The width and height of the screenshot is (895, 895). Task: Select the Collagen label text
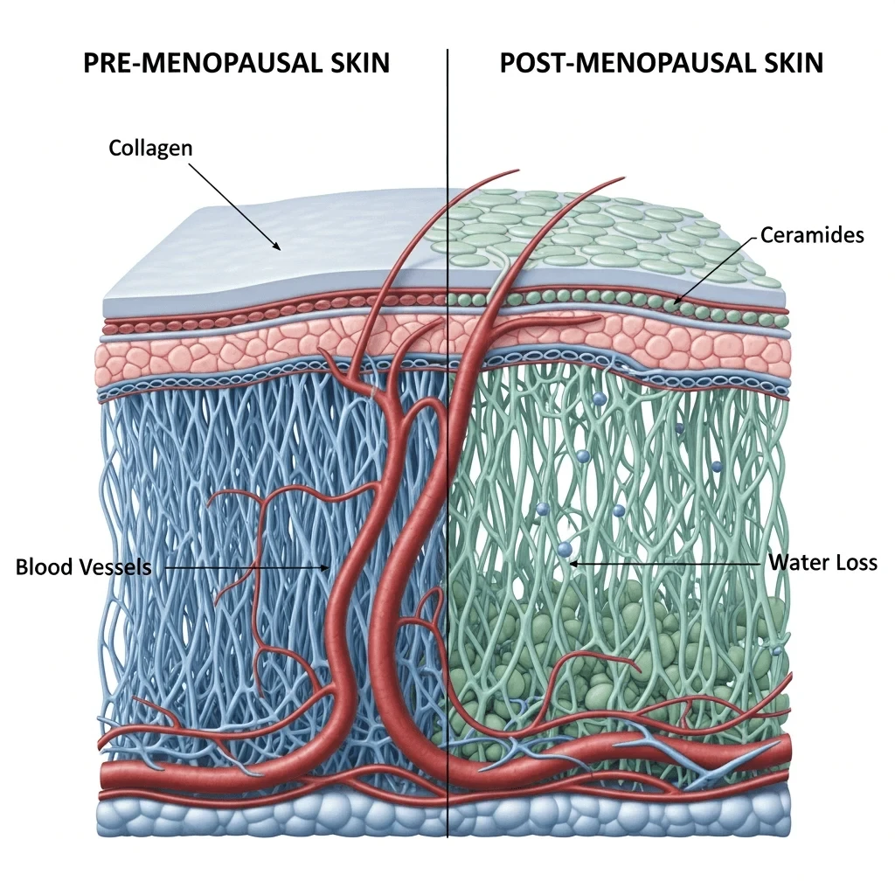[150, 148]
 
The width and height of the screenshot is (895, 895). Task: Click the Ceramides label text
[812, 234]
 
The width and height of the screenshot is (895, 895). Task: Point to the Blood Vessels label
[83, 567]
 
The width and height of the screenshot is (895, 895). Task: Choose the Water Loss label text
[822, 562]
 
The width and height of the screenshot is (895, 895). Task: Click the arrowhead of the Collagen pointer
[279, 249]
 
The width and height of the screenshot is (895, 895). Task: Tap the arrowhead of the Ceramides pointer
[676, 302]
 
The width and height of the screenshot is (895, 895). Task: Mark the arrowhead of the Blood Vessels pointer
[326, 567]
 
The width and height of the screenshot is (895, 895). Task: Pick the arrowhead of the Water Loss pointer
[573, 564]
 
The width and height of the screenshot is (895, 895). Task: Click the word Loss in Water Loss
[856, 562]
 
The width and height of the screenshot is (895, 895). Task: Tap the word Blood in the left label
[42, 567]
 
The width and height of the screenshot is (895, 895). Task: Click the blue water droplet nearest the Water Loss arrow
[564, 549]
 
